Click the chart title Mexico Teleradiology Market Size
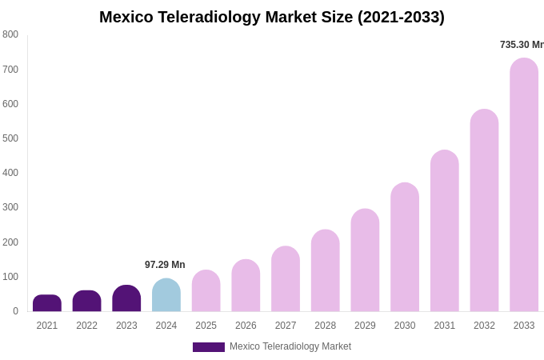[272, 17]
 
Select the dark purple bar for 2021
[47, 303]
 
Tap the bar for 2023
[126, 298]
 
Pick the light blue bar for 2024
[166, 295]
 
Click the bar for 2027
[286, 279]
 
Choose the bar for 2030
[405, 247]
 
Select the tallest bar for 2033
[524, 185]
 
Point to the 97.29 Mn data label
[165, 265]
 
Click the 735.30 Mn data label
[522, 45]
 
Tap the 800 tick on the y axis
[10, 34]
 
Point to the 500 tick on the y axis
[10, 138]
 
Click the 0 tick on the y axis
[15, 311]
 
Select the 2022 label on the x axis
[86, 326]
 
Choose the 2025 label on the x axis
[206, 326]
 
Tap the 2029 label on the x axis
[365, 326]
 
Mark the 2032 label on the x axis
[484, 326]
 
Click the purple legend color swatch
[208, 347]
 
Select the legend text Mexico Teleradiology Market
[290, 346]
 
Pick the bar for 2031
[445, 231]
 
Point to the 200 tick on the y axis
[10, 242]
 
